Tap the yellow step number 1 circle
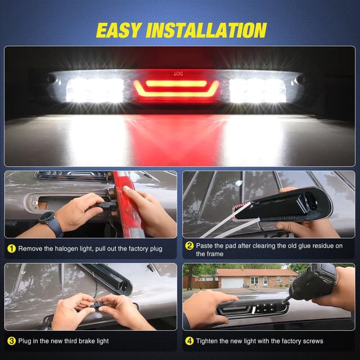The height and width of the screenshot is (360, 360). coord(11,248)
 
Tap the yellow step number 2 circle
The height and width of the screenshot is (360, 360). coord(190,246)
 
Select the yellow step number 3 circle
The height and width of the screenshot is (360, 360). coord(11,340)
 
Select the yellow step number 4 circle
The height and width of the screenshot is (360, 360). coord(190,340)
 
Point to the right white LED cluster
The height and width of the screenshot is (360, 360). coord(257,90)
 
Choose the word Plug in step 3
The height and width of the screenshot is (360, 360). coord(25,340)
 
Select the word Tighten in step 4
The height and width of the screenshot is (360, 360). coord(208,340)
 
